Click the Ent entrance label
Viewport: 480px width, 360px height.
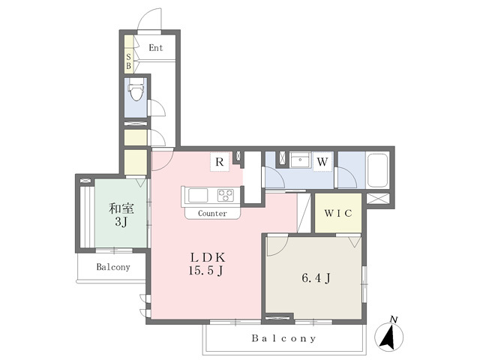(156, 48)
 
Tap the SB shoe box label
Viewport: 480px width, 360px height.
(128, 61)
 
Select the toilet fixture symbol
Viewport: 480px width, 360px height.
(136, 89)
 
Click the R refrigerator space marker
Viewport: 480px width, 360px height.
(220, 162)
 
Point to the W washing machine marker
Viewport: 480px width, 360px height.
(322, 162)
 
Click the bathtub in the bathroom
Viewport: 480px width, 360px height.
(377, 170)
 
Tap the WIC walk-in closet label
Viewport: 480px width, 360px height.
(338, 213)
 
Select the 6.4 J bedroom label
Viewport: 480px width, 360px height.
(316, 278)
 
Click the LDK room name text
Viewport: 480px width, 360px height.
(208, 257)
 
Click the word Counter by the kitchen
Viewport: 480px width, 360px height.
(212, 213)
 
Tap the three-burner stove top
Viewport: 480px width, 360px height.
(226, 195)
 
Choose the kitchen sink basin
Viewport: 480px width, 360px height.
(198, 195)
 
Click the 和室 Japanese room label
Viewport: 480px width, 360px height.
(121, 208)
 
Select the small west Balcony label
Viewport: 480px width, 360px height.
(113, 267)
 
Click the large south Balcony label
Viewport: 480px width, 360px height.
(283, 338)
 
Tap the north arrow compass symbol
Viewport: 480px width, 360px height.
(389, 335)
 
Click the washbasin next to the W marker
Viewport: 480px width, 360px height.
(300, 160)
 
